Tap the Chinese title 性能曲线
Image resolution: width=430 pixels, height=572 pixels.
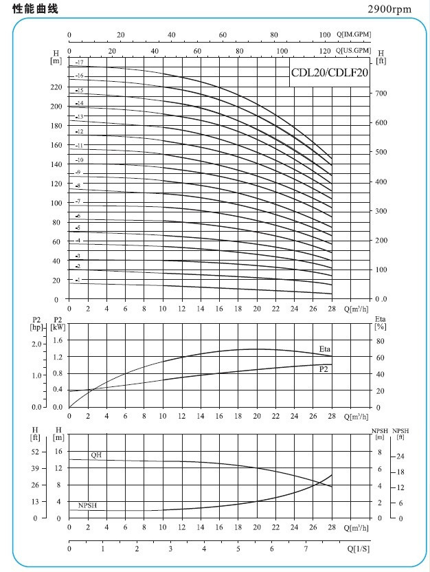click(36, 9)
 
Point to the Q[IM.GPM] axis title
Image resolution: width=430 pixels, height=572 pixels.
click(354, 35)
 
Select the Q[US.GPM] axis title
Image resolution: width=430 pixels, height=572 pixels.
click(354, 51)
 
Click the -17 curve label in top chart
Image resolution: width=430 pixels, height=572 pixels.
click(80, 63)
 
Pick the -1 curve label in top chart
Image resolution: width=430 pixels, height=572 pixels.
click(78, 280)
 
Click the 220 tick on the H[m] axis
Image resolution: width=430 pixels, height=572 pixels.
click(56, 87)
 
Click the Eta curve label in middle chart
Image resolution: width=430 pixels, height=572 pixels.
click(325, 349)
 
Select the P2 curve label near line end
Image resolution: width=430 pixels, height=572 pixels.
click(323, 369)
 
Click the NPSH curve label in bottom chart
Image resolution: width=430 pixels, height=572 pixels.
click(87, 505)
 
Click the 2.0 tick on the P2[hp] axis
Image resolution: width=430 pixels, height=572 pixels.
click(36, 343)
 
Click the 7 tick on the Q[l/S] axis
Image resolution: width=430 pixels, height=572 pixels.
click(306, 549)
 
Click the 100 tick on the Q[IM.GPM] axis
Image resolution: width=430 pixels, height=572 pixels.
click(325, 35)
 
